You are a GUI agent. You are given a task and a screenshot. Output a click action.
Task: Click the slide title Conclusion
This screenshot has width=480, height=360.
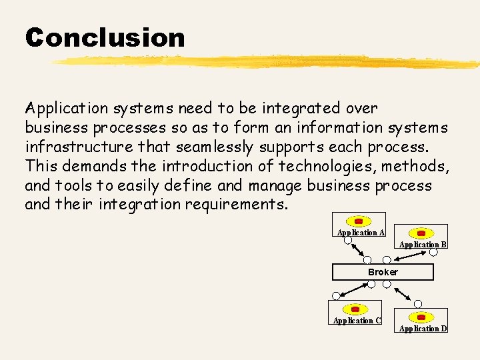tap(105, 37)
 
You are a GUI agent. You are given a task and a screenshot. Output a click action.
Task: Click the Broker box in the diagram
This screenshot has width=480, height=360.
tap(383, 272)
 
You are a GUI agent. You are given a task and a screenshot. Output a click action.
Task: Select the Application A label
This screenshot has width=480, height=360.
tap(361, 233)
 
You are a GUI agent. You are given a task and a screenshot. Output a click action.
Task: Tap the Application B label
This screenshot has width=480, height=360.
tap(423, 245)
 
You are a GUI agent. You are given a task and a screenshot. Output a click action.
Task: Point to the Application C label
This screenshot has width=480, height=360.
tap(357, 321)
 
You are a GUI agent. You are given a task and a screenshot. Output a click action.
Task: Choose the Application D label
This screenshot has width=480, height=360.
tap(423, 329)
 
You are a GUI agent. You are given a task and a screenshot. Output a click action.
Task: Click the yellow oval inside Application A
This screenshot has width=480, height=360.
tap(359, 221)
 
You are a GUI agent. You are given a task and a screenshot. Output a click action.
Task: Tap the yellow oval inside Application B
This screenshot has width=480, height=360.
tap(421, 233)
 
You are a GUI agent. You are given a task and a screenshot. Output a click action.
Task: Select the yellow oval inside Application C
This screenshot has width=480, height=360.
tap(355, 309)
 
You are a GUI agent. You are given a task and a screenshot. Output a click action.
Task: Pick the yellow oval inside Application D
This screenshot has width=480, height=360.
tap(421, 317)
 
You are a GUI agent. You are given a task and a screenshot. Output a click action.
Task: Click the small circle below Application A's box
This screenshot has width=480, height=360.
tap(347, 240)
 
